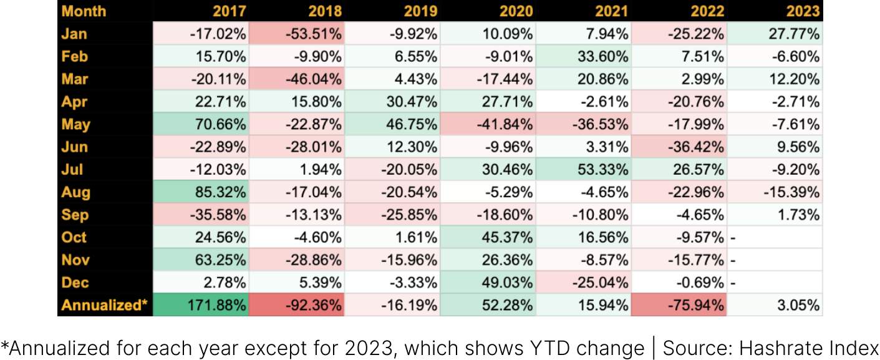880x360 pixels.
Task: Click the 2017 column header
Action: coord(229,11)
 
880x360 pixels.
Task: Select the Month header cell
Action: coord(84,11)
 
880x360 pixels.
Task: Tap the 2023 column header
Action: coord(803,11)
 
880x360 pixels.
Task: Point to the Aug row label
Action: coord(75,192)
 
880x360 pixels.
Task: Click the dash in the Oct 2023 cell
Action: coord(733,238)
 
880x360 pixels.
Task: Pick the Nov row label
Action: coord(75,260)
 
